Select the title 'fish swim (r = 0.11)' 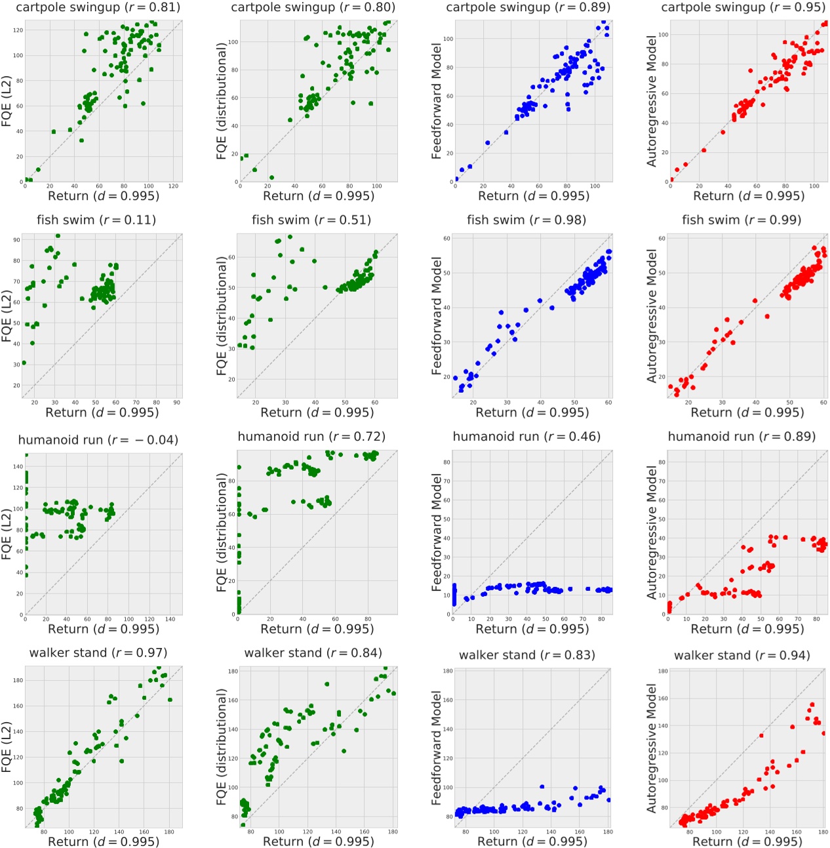96,220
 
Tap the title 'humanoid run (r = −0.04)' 98,439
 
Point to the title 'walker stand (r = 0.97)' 98,653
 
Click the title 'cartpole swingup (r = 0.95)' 743,7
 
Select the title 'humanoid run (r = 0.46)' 526,436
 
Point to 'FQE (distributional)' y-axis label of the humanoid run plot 222,532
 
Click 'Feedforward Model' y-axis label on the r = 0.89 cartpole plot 437,101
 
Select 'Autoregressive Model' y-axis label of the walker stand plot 652,748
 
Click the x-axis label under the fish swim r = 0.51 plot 317,412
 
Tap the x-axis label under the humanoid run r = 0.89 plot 747,628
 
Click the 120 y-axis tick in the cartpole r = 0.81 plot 18,30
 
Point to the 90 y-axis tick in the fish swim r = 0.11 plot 18,240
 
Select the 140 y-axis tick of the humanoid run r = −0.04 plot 18,466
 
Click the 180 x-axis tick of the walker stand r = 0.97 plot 169,832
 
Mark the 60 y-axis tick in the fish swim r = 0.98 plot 447,239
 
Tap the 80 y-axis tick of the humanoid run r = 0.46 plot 447,462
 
